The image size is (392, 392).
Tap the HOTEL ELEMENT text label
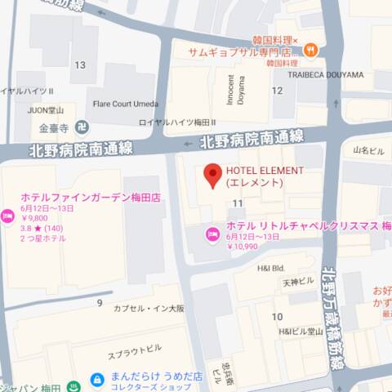265,171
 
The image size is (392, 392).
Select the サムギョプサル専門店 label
243,52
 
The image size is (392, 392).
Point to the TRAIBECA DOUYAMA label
325,74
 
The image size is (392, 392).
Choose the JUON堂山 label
47,108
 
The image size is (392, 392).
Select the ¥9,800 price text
35,218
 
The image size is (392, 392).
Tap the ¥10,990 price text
243,246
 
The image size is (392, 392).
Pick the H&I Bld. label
270,267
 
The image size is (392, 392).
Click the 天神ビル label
298,282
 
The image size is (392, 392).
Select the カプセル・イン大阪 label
149,308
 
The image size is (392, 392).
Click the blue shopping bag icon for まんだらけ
97,380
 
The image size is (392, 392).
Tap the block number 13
79,65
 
